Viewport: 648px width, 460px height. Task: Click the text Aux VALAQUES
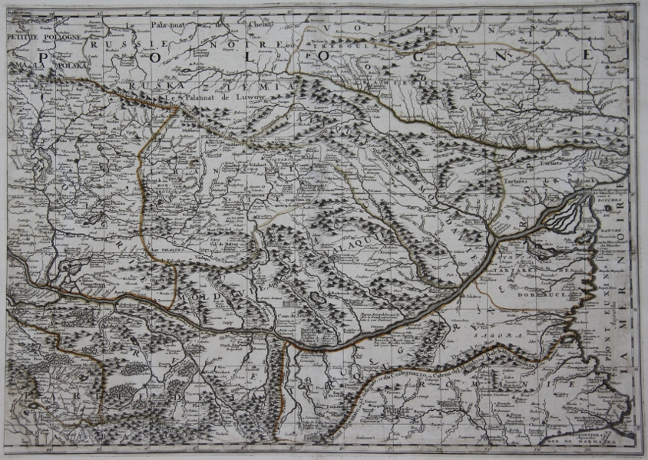click(x=164, y=249)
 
